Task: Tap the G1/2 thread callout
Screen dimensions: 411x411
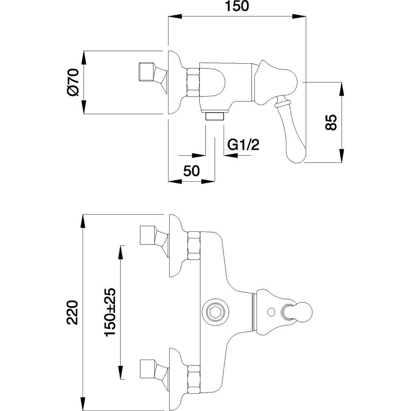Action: [x=243, y=145]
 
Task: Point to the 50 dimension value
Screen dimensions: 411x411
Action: [x=192, y=170]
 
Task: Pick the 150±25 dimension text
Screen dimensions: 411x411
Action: [x=111, y=312]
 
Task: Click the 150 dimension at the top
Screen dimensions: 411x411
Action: [x=237, y=8]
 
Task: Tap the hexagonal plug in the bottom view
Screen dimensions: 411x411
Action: [x=215, y=313]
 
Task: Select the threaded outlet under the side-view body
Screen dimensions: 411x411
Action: [x=215, y=116]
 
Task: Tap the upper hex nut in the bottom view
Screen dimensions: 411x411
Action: [x=193, y=245]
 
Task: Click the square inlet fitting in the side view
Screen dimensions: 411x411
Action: [x=147, y=72]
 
